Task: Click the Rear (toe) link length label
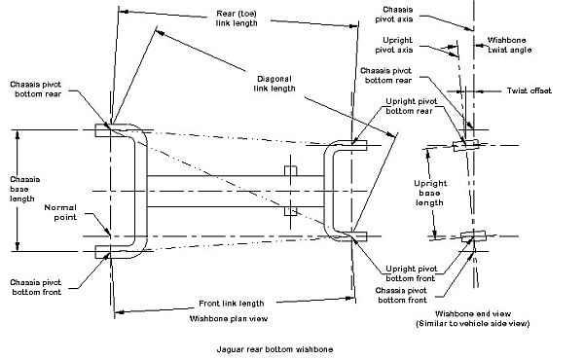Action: click(x=237, y=18)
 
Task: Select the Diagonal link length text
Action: click(x=274, y=84)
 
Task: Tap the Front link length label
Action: click(x=232, y=304)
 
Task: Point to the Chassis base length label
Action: click(x=24, y=189)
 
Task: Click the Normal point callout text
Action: click(x=60, y=212)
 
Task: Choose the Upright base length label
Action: click(x=430, y=193)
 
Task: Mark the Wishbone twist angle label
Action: click(x=509, y=45)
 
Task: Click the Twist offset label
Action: click(x=529, y=90)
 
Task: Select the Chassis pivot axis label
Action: click(x=394, y=15)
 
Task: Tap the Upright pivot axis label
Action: click(x=394, y=45)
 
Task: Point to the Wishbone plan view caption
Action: click(x=229, y=319)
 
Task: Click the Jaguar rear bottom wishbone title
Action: click(x=274, y=349)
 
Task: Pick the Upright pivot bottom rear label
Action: click(x=411, y=106)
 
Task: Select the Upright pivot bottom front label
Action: click(x=411, y=273)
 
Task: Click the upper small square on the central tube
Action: click(x=290, y=171)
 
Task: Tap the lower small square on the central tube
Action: click(x=290, y=211)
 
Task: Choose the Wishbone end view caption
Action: click(x=473, y=314)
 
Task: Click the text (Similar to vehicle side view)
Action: click(x=473, y=324)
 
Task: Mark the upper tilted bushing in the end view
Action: click(x=465, y=145)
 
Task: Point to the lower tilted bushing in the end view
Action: click(x=473, y=236)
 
